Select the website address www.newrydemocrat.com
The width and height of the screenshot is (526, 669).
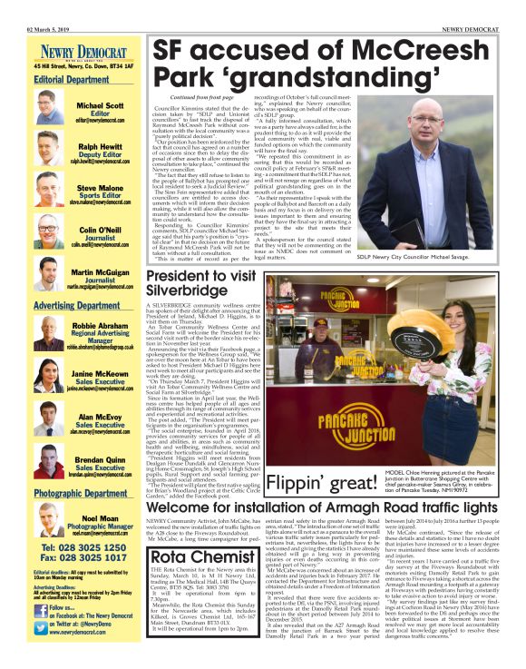[73, 654]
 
